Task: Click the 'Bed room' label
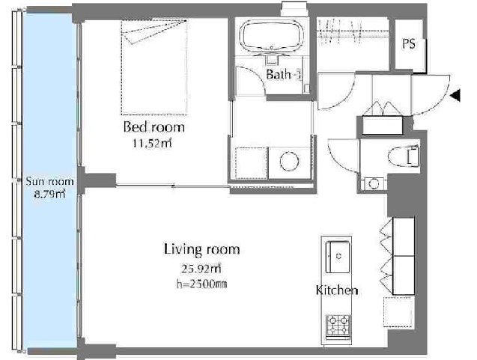154,126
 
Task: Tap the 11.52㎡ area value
152,143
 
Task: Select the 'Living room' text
201,249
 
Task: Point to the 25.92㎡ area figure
201,269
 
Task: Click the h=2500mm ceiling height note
201,284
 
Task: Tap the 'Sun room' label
49,182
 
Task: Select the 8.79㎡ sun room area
49,194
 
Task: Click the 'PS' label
409,43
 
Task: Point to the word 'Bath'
279,75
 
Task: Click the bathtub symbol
272,35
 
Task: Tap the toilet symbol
404,156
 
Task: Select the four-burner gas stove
338,327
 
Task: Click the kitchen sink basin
338,257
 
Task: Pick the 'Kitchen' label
337,290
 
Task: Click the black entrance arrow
455,96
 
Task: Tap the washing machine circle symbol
289,162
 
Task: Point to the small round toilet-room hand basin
374,183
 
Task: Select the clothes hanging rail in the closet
353,31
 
